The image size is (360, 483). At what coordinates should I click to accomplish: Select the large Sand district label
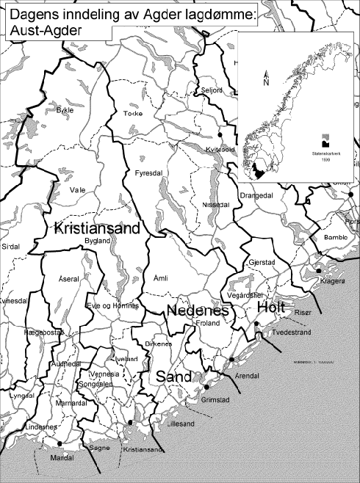pyautogui.click(x=173, y=376)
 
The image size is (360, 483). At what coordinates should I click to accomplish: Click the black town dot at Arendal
pyautogui.click(x=231, y=359)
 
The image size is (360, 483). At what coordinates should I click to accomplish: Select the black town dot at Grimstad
pyautogui.click(x=206, y=387)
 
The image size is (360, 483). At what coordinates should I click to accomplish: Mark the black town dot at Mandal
pyautogui.click(x=58, y=443)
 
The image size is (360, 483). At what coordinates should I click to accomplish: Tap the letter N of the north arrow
pyautogui.click(x=266, y=81)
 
